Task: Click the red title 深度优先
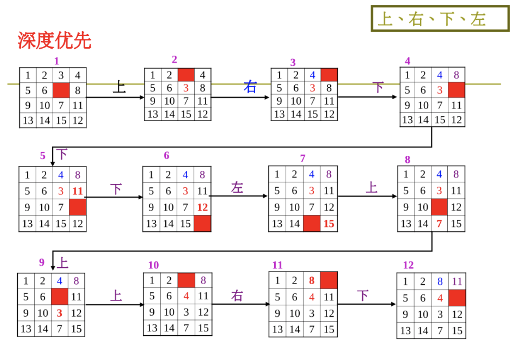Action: tap(54, 41)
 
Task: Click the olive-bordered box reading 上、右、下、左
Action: tap(440, 19)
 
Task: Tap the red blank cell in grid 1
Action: tap(61, 90)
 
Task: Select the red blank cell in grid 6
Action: tap(202, 223)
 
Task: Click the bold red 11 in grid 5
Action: tap(78, 191)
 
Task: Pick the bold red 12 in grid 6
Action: tap(202, 207)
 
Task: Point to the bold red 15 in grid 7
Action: tap(329, 224)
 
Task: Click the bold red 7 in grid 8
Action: tap(439, 224)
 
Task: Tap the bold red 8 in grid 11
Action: tap(312, 281)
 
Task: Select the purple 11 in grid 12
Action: tap(457, 282)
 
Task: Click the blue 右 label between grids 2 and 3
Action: tap(250, 87)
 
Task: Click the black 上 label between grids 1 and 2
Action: tap(119, 87)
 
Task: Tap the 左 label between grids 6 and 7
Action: tap(237, 188)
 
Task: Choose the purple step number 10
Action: tap(153, 265)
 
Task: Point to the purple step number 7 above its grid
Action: tap(303, 158)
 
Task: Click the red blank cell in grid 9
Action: tap(59, 297)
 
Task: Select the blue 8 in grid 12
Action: tap(440, 282)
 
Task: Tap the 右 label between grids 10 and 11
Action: tap(237, 296)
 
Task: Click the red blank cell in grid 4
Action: tap(456, 90)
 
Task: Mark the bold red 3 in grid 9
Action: tap(59, 313)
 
